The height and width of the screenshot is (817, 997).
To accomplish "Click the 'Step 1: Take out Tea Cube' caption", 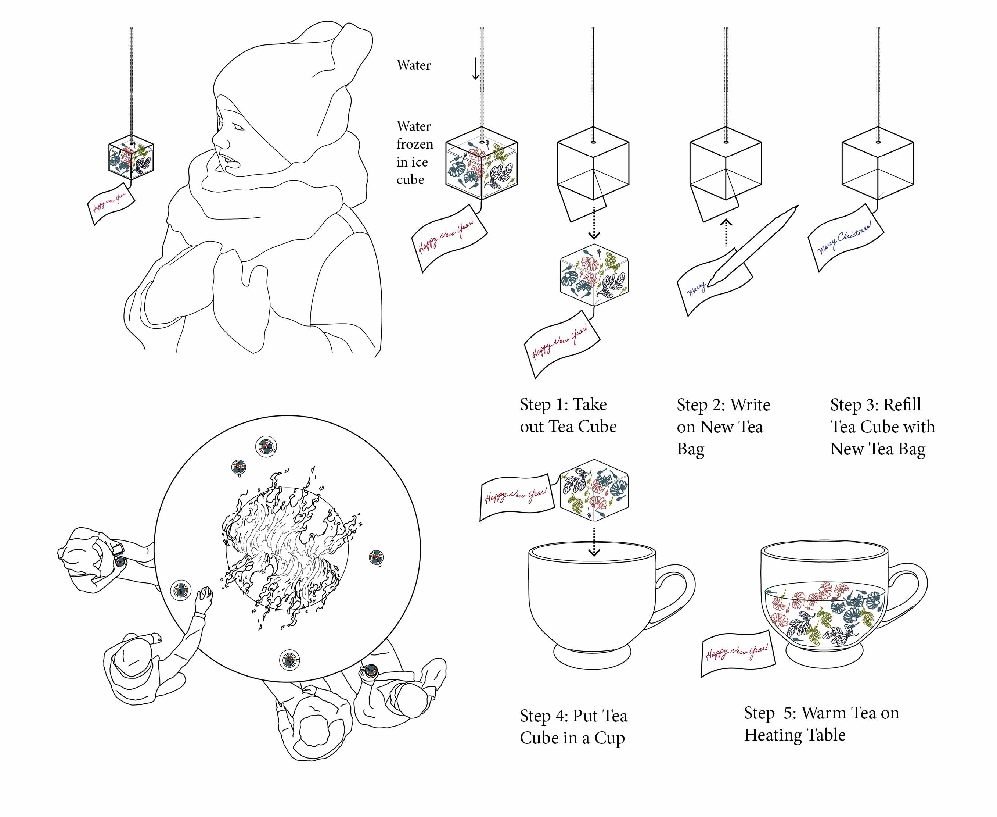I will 568,415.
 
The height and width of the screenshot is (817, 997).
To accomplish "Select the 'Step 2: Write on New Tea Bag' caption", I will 723,427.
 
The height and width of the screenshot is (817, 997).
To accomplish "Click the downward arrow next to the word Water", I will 475,69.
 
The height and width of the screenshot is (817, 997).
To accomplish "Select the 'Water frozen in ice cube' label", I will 414,153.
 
